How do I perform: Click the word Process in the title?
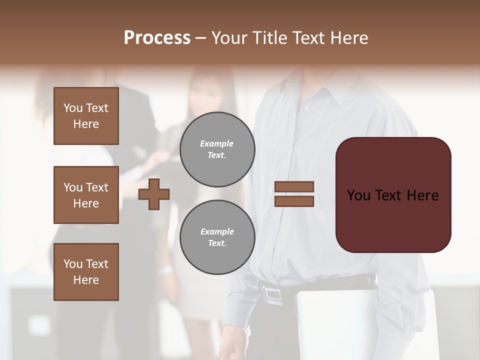[x=157, y=38]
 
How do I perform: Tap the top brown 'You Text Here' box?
[x=86, y=116]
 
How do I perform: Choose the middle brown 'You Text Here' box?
[x=86, y=195]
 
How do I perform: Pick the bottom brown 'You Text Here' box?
[x=86, y=272]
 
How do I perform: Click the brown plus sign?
[x=154, y=194]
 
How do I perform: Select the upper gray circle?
[x=217, y=149]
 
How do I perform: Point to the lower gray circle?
[x=217, y=237]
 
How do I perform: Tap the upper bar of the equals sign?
[x=294, y=186]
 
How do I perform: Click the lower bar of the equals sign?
[x=294, y=201]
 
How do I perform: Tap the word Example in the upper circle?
[x=216, y=143]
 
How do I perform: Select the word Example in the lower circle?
[x=217, y=231]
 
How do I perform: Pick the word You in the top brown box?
[x=72, y=108]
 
